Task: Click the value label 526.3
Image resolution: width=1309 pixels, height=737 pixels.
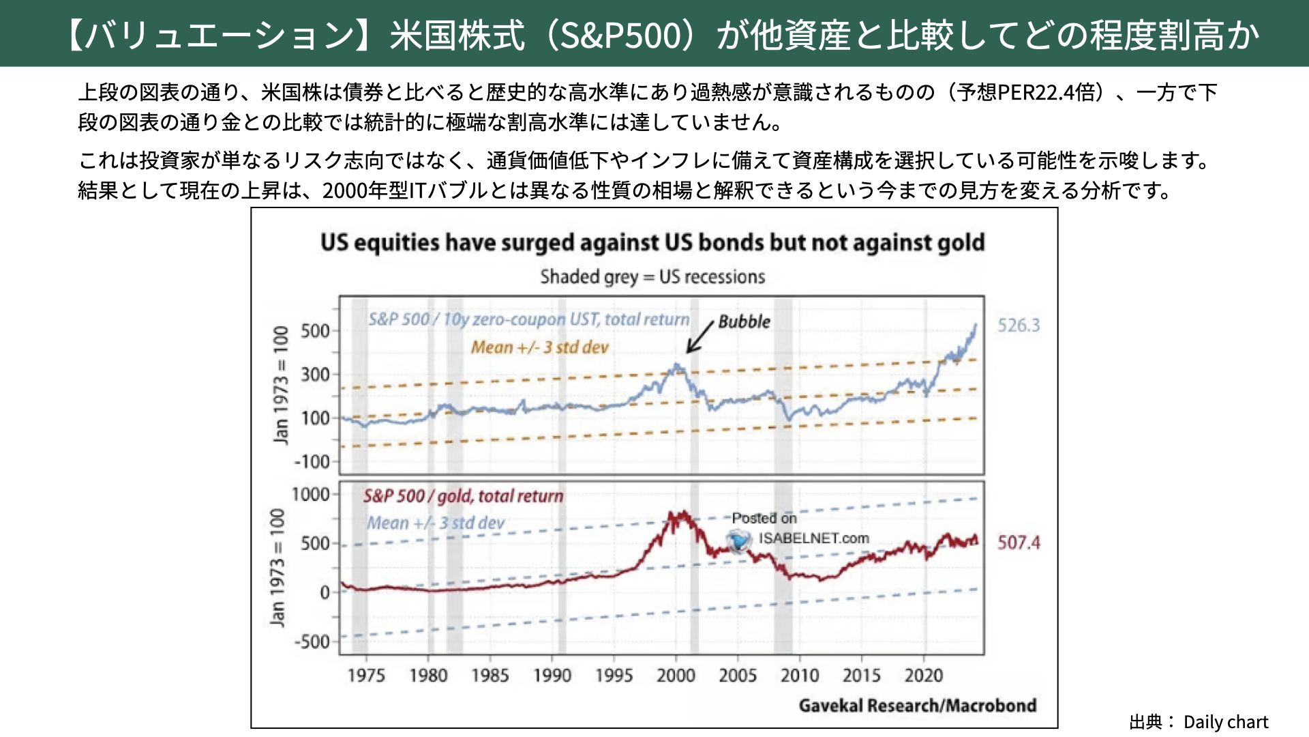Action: pos(1019,326)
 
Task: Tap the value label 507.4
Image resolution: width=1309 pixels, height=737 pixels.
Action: pos(1019,543)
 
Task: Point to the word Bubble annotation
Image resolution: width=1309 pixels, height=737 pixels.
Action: pos(744,322)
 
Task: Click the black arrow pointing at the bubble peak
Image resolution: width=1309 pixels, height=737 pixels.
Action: pos(699,337)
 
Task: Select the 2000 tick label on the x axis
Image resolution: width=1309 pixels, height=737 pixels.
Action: pos(676,676)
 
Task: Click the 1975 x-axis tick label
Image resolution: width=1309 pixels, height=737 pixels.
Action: pos(366,676)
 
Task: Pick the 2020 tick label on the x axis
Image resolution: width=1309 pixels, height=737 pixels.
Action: pos(923,676)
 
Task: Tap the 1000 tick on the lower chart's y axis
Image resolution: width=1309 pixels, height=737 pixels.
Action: pos(310,495)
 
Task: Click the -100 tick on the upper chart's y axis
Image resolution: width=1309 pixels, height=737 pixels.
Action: pos(312,462)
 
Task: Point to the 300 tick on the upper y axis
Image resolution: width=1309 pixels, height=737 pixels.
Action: pos(315,375)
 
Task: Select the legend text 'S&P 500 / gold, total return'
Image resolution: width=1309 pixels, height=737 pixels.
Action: pos(463,496)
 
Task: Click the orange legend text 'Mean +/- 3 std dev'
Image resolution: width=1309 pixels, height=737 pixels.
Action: pos(539,347)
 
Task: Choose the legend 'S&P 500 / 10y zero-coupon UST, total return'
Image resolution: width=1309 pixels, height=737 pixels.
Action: pos(528,319)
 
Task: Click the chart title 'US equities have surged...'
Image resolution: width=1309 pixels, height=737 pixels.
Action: pos(652,243)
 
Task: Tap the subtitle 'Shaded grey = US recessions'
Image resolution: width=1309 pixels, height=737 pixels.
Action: pos(652,277)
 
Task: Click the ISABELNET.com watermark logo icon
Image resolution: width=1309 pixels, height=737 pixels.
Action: pos(738,541)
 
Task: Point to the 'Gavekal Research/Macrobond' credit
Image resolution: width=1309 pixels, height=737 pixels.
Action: pos(917,706)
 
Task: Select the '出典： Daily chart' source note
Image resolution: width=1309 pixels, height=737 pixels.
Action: pos(1199,722)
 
